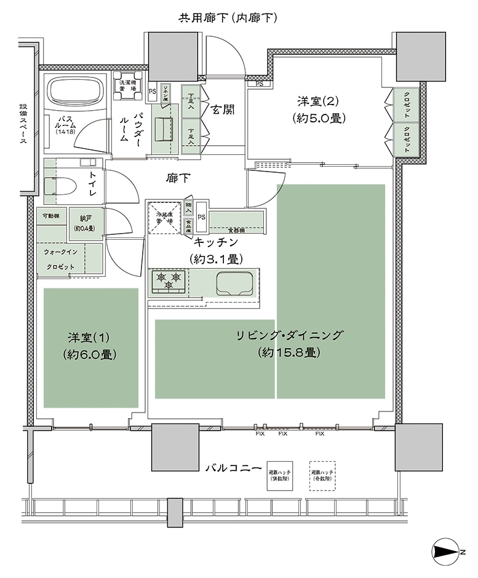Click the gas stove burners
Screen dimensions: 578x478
169,282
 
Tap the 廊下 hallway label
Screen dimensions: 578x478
178,178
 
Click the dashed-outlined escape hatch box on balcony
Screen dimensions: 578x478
323,475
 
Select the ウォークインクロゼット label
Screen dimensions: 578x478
60,259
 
